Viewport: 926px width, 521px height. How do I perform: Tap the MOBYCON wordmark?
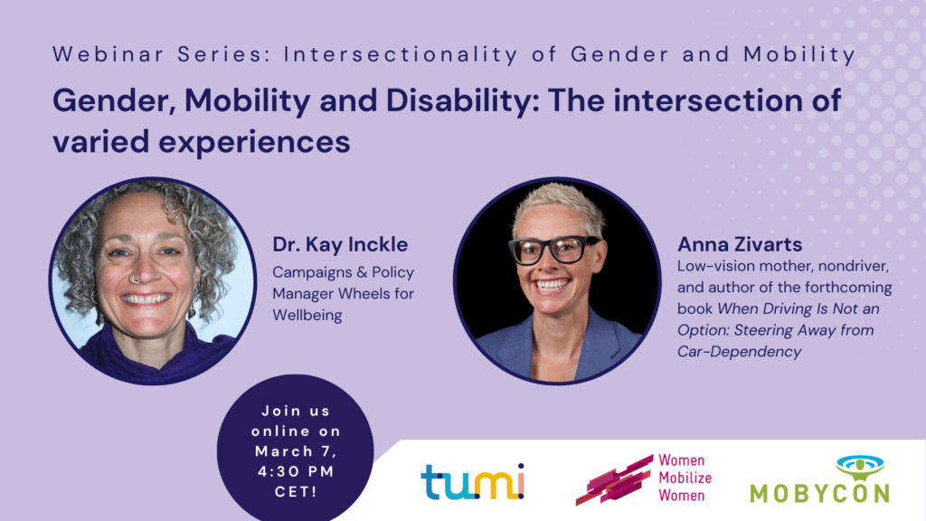[x=818, y=493]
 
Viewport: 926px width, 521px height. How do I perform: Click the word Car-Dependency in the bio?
[x=739, y=351]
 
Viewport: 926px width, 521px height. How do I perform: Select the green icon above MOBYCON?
[x=820, y=467]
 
